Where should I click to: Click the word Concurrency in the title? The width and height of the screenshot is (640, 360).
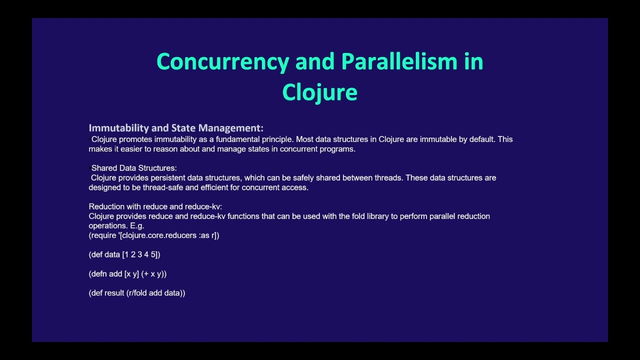click(x=222, y=61)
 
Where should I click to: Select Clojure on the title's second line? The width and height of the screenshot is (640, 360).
click(x=319, y=92)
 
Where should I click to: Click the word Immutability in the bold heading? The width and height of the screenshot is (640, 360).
click(x=118, y=128)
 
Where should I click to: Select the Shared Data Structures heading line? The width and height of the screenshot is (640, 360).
click(x=133, y=168)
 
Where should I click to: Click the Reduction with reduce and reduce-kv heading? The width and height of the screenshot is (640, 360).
click(x=155, y=206)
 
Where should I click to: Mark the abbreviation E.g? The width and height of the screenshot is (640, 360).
click(x=137, y=226)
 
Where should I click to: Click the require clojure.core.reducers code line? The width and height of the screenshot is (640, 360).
click(x=154, y=235)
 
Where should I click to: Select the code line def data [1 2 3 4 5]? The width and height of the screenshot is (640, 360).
click(x=124, y=254)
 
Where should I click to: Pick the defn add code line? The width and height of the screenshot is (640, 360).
click(x=127, y=274)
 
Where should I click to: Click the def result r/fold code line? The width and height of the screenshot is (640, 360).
click(x=137, y=293)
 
